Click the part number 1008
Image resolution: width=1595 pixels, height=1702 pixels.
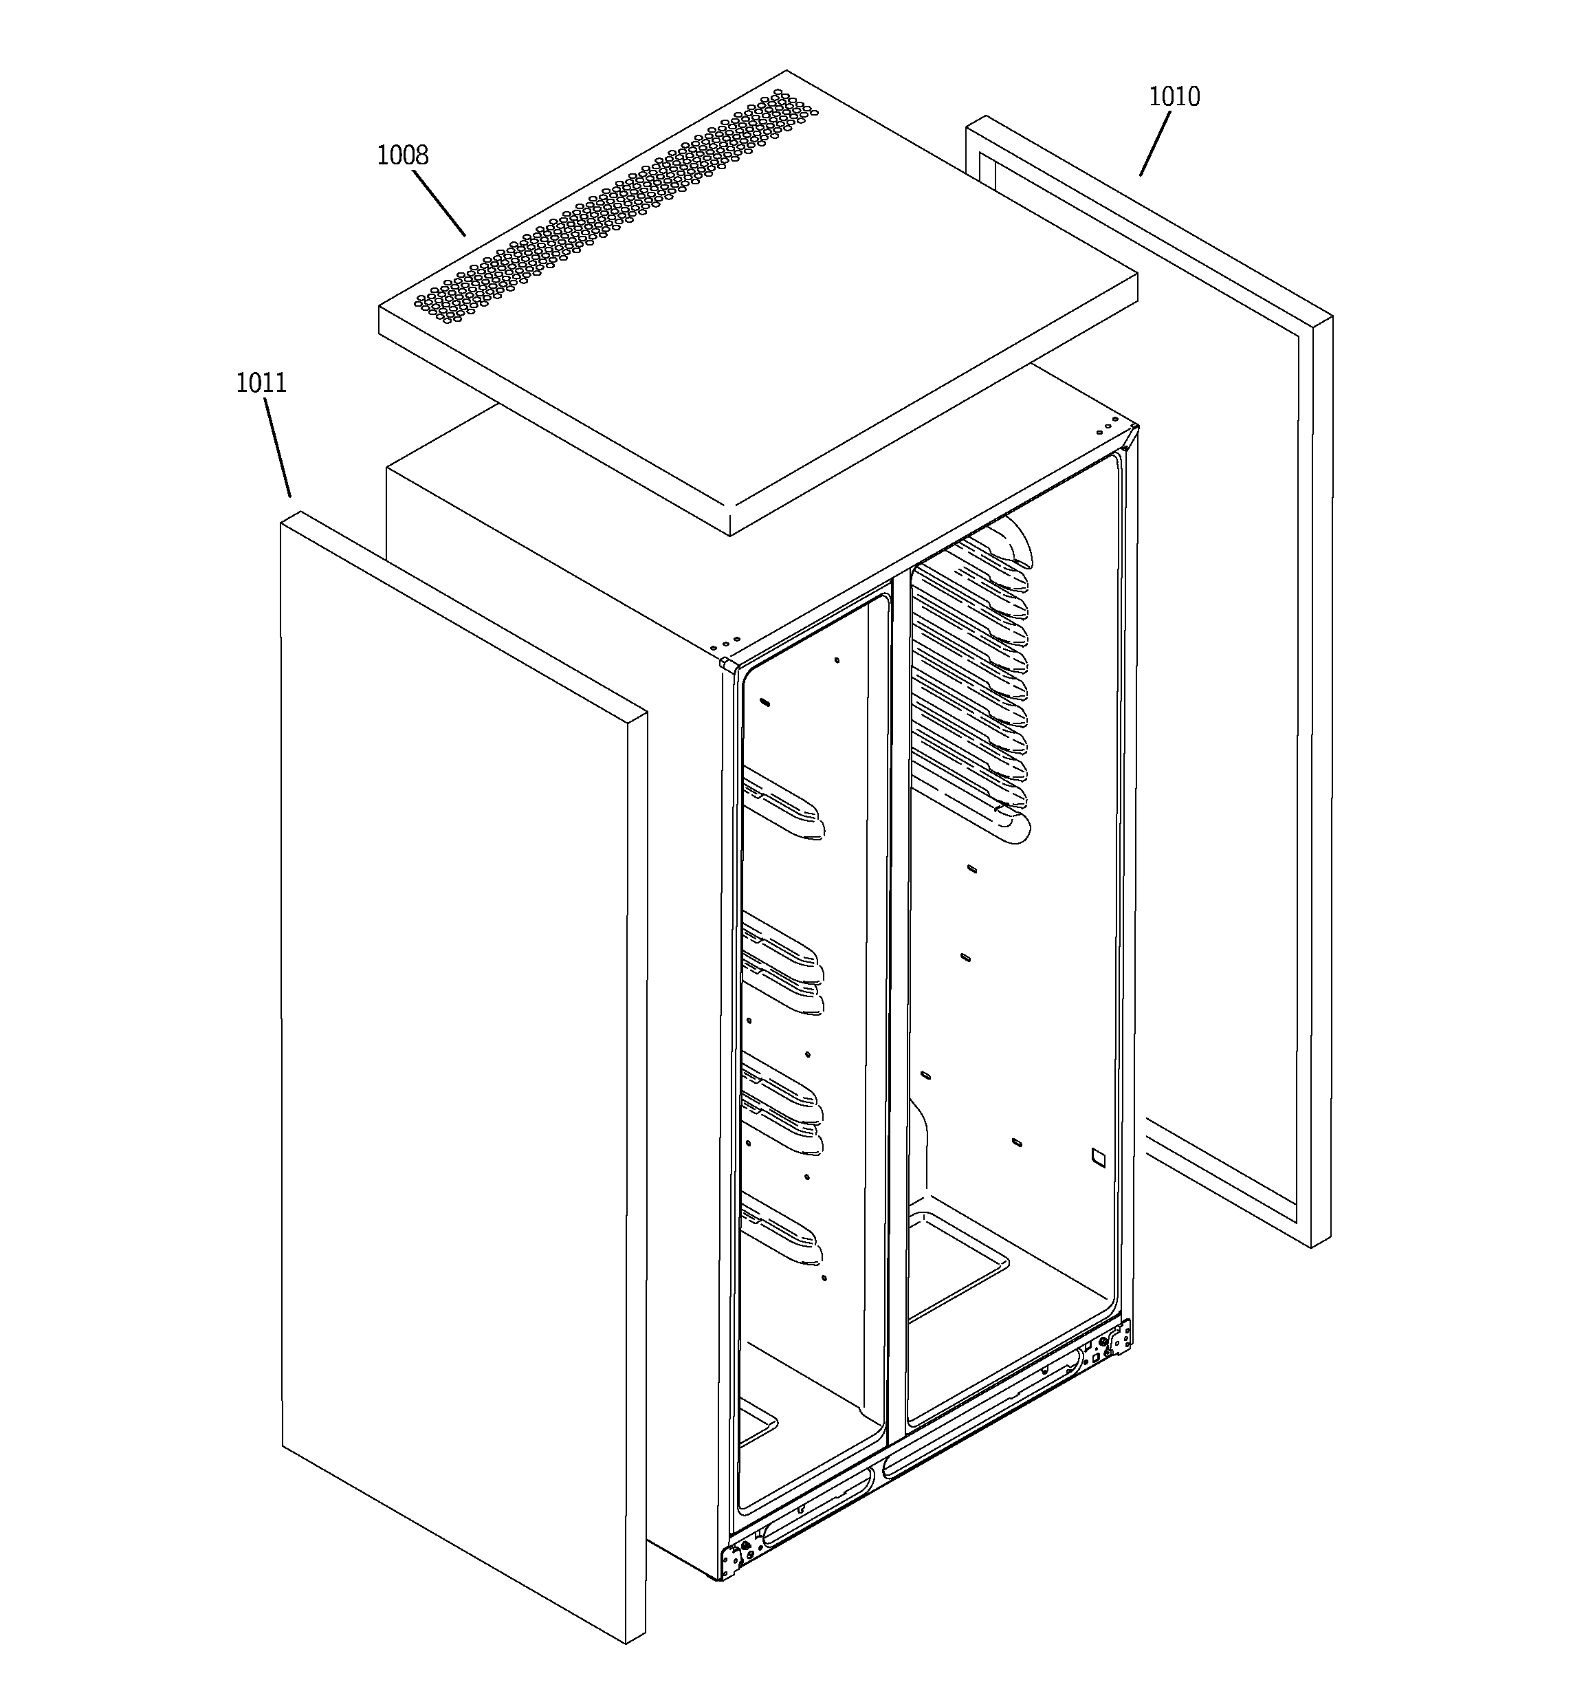(402, 155)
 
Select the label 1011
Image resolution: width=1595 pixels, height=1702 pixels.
(261, 383)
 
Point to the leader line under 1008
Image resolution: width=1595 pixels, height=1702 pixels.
(439, 203)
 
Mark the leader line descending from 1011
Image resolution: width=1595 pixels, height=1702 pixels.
(277, 448)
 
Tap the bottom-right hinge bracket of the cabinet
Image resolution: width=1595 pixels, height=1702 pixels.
(1119, 1339)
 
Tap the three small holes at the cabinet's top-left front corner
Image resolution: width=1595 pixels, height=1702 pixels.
(728, 641)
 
